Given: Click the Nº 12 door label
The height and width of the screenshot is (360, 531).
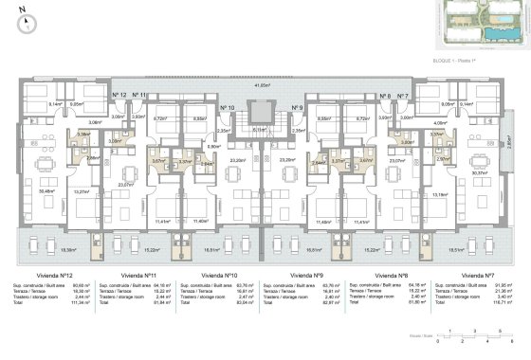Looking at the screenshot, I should coord(120,97).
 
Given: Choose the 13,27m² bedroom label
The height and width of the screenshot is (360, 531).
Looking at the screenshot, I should coord(82,193).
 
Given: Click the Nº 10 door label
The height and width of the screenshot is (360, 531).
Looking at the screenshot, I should coord(228,108).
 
